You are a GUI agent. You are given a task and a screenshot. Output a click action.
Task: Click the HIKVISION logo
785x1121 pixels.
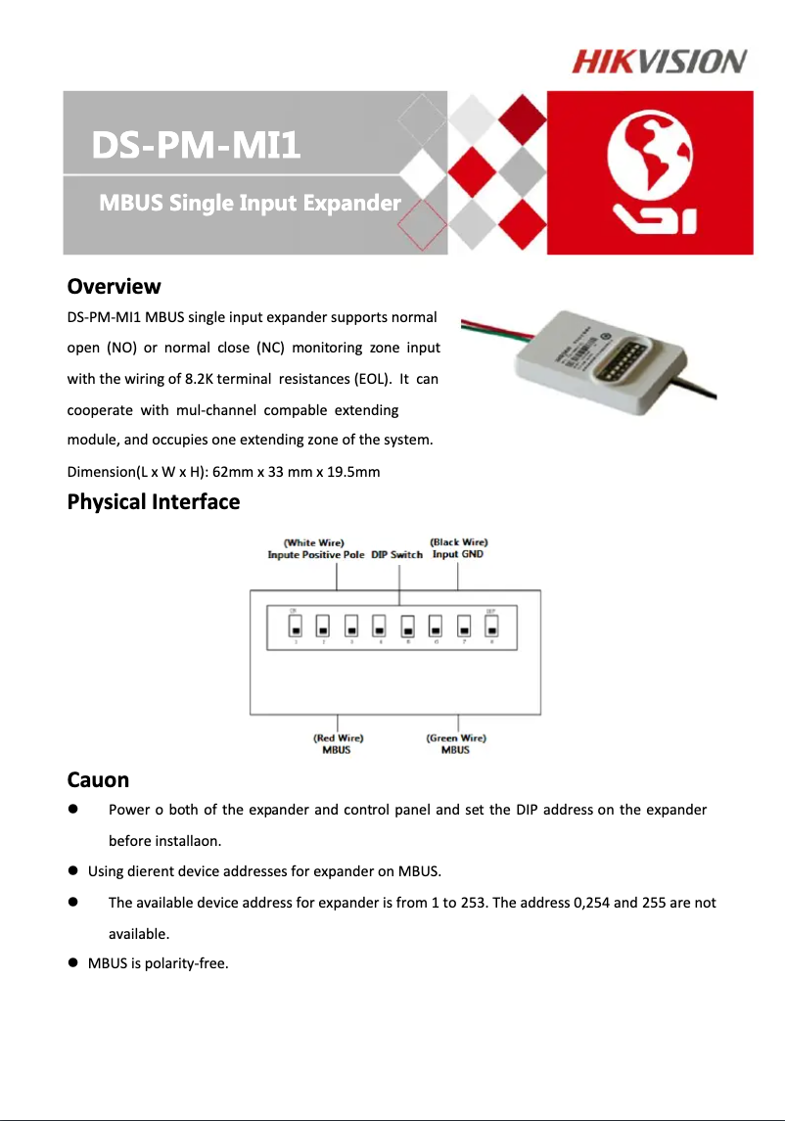[659, 62]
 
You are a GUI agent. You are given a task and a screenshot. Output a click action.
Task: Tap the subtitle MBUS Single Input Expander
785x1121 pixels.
[250, 204]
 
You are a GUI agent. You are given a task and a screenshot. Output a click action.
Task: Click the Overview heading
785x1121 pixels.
[114, 287]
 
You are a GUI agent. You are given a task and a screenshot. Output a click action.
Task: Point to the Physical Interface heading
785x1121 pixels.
[153, 502]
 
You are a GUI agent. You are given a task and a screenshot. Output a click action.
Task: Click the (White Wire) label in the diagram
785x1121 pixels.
[313, 542]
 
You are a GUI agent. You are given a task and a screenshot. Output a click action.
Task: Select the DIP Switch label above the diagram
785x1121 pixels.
[396, 555]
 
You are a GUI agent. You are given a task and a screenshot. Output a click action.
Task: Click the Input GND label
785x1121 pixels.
[458, 555]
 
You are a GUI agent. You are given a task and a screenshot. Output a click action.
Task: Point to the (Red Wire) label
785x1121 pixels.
[338, 738]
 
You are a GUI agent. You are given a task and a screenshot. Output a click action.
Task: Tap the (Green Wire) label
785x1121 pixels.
[455, 738]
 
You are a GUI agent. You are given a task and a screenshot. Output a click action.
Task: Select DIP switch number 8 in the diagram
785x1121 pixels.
[492, 626]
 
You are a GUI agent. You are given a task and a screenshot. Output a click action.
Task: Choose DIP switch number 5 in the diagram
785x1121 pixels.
[408, 626]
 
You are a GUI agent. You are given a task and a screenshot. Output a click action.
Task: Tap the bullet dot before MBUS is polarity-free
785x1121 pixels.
[72, 963]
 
